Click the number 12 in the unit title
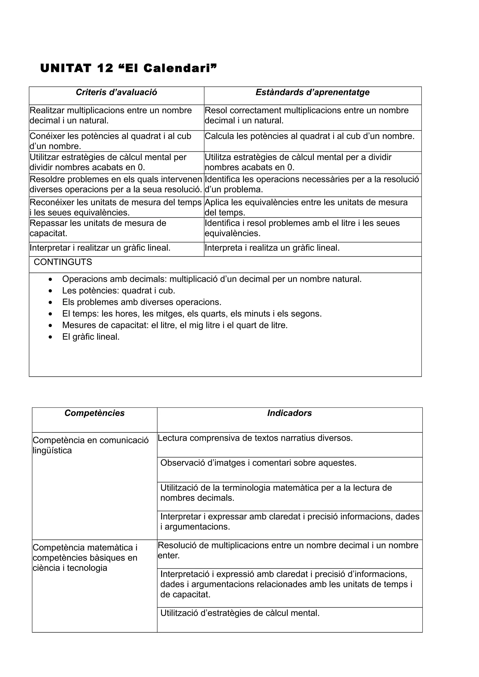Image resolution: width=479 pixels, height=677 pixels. click(x=105, y=68)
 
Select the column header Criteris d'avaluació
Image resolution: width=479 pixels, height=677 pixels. click(x=116, y=92)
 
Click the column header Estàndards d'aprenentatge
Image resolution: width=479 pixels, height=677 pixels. click(x=312, y=92)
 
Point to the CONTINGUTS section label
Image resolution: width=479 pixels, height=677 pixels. click(x=63, y=262)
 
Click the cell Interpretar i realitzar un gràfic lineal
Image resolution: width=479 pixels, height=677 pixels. click(x=100, y=248)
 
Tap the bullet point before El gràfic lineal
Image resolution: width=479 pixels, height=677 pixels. click(x=51, y=337)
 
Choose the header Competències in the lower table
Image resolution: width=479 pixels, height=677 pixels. click(x=94, y=413)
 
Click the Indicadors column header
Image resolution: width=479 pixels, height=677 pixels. click(x=289, y=413)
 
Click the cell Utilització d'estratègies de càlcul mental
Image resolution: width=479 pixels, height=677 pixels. click(x=240, y=613)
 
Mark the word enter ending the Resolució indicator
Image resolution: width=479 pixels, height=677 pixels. click(x=169, y=556)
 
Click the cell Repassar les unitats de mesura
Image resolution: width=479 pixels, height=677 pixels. click(x=98, y=228)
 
